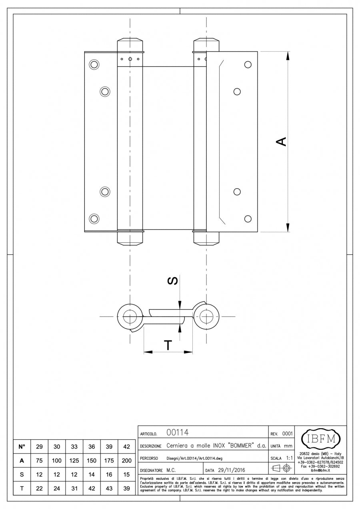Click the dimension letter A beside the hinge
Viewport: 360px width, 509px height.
pos(282,142)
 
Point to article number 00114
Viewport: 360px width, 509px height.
pos(177,433)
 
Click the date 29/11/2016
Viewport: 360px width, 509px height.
pos(231,470)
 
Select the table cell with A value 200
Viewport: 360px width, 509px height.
pos(126,461)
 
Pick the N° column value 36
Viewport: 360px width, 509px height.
pos(91,446)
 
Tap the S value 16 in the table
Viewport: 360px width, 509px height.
pos(109,475)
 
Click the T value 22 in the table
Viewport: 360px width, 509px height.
pos(39,489)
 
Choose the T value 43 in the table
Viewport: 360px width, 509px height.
pos(109,489)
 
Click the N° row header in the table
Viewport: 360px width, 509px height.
pos(22,446)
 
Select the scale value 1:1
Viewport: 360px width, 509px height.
pos(291,458)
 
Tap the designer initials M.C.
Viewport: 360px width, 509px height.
pos(171,470)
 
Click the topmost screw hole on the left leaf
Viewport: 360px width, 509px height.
pos(94,64)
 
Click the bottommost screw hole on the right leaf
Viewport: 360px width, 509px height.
pos(248,218)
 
